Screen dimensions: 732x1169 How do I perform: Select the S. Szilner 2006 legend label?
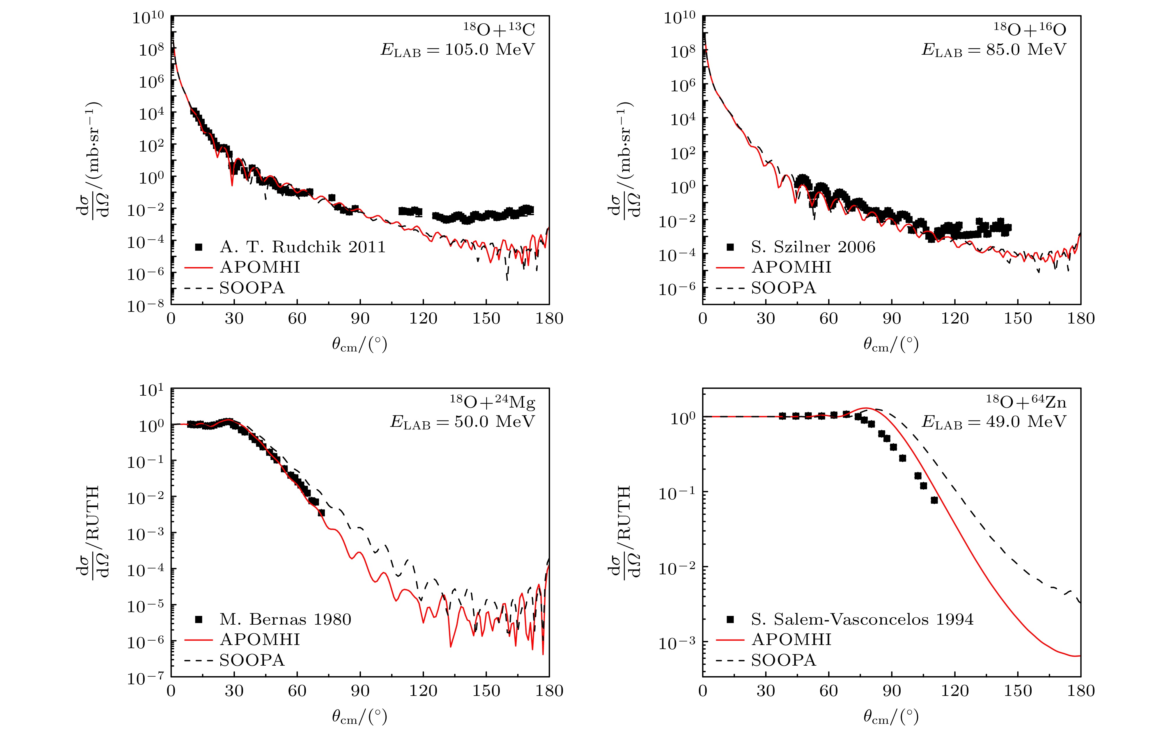tap(813, 247)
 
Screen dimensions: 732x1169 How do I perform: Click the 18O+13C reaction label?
tap(499, 30)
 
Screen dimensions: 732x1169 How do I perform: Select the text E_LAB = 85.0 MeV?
tap(994, 50)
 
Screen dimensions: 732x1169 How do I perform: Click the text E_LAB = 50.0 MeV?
tap(463, 422)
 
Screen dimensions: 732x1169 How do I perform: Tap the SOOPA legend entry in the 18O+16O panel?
tap(784, 288)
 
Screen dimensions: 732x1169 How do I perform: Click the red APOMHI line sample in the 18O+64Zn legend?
tap(730, 640)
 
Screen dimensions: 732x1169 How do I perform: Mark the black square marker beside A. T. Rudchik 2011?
tap(198, 247)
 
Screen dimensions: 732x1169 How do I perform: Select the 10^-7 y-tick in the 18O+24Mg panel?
tap(145, 678)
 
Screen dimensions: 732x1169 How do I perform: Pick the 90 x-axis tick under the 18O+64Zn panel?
tap(892, 691)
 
